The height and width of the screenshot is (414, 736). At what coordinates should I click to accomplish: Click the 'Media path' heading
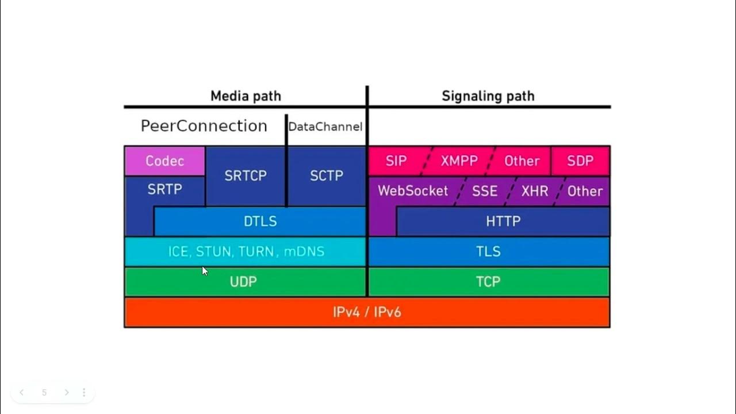(x=246, y=96)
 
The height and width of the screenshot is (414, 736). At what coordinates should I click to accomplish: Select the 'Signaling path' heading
(x=488, y=96)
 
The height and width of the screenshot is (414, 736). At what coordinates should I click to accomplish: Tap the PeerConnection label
(x=204, y=126)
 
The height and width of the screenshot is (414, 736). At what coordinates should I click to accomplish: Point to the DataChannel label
(x=325, y=126)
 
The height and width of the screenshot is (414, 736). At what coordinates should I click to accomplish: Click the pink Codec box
(x=164, y=161)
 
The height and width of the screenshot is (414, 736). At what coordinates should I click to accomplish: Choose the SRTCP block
(x=246, y=176)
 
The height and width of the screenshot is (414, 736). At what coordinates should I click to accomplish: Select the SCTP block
(x=327, y=176)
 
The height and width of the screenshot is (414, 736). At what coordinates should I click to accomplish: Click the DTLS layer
(x=260, y=221)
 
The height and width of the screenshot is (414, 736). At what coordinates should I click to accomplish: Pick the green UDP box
(x=243, y=282)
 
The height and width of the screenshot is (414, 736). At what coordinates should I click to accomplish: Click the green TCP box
(x=488, y=282)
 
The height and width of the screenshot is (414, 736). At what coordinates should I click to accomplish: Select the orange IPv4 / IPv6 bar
(x=367, y=312)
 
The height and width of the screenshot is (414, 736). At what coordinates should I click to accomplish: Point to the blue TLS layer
(x=488, y=252)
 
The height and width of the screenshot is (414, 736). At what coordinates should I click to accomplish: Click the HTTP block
(x=503, y=221)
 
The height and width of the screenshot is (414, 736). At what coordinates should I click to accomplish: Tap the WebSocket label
(x=412, y=191)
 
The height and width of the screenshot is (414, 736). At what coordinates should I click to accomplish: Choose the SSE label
(x=484, y=191)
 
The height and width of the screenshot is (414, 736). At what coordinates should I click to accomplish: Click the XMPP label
(x=459, y=161)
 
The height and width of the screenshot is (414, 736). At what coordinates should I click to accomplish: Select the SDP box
(x=580, y=161)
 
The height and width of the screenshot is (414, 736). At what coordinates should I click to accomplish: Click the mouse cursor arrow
(x=205, y=271)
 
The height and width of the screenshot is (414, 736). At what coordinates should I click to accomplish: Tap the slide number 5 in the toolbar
(x=44, y=393)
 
